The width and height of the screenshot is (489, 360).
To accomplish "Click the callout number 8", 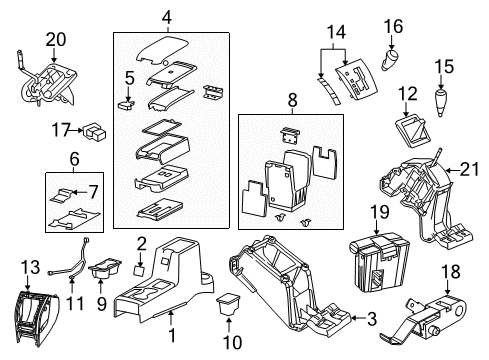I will point(293,99).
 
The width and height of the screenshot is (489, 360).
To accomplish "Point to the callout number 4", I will point(168,15).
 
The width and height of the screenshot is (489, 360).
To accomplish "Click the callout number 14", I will point(338,33).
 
